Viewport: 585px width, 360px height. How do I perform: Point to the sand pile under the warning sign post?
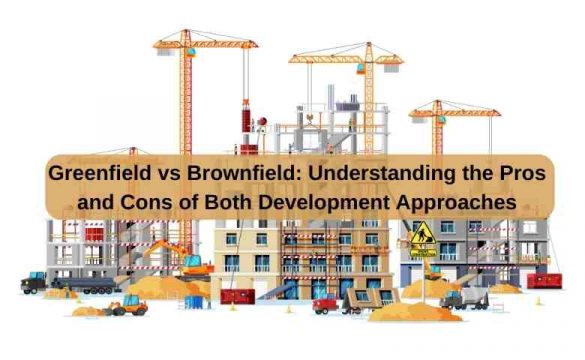[x=424, y=290]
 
